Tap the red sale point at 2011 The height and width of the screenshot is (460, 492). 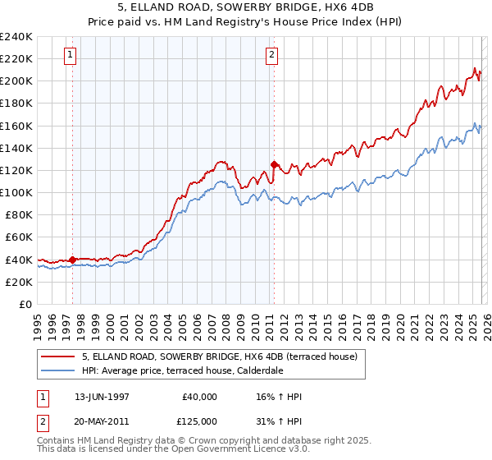(274, 164)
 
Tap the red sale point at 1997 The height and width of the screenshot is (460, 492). (72, 260)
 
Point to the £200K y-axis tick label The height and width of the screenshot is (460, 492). (16, 80)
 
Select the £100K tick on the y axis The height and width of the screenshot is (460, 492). (16, 192)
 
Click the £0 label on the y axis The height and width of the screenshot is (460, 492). (25, 304)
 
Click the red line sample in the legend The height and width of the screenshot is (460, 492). (58, 357)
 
